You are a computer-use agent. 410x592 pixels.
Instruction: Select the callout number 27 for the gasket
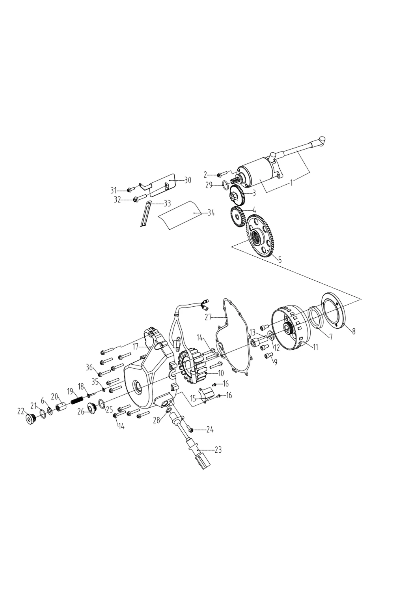click(x=208, y=317)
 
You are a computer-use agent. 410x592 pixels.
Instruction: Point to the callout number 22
click(x=21, y=411)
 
